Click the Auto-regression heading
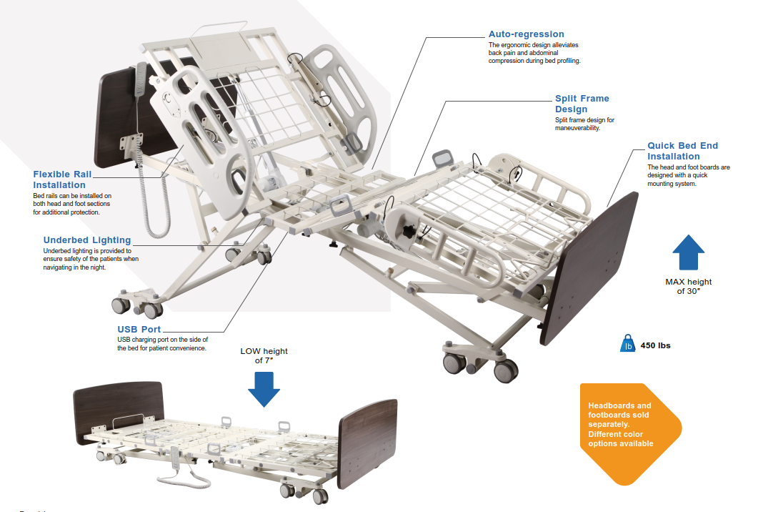click(x=526, y=34)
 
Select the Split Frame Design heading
click(x=582, y=104)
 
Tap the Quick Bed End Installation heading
click(x=682, y=151)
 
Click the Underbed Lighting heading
click(x=87, y=240)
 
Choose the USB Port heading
click(x=139, y=329)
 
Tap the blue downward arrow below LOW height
click(x=264, y=388)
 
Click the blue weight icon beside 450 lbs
click(x=627, y=345)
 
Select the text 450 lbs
click(x=655, y=345)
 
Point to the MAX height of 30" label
click(x=688, y=286)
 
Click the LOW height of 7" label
click(x=264, y=355)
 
